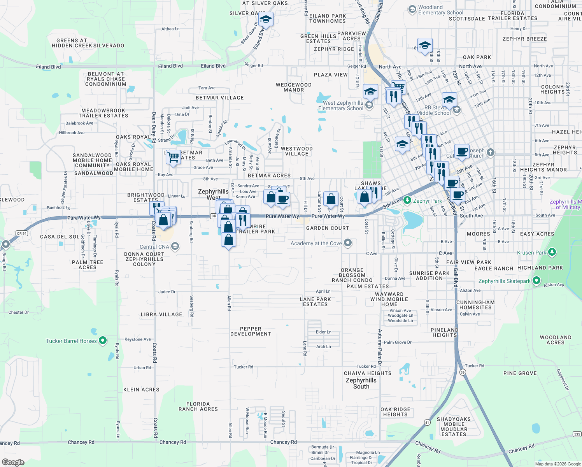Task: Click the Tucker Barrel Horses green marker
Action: (103, 341)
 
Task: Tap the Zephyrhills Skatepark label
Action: (504, 281)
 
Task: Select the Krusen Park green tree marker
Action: (552, 252)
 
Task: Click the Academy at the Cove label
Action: (316, 243)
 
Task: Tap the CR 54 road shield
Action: (22, 233)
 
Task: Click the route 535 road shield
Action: (577, 434)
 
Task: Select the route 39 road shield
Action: (463, 372)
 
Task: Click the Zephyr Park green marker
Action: (407, 200)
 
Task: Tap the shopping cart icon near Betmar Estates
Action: (174, 157)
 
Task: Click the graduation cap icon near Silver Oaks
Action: (266, 19)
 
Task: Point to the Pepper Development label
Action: (251, 331)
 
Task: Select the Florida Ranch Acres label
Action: (198, 406)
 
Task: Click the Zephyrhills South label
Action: (361, 383)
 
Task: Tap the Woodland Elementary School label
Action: (440, 10)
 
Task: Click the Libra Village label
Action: (161, 314)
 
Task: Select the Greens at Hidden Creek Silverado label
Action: (88, 43)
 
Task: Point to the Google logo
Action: (13, 462)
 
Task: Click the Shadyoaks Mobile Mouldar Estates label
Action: (454, 427)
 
